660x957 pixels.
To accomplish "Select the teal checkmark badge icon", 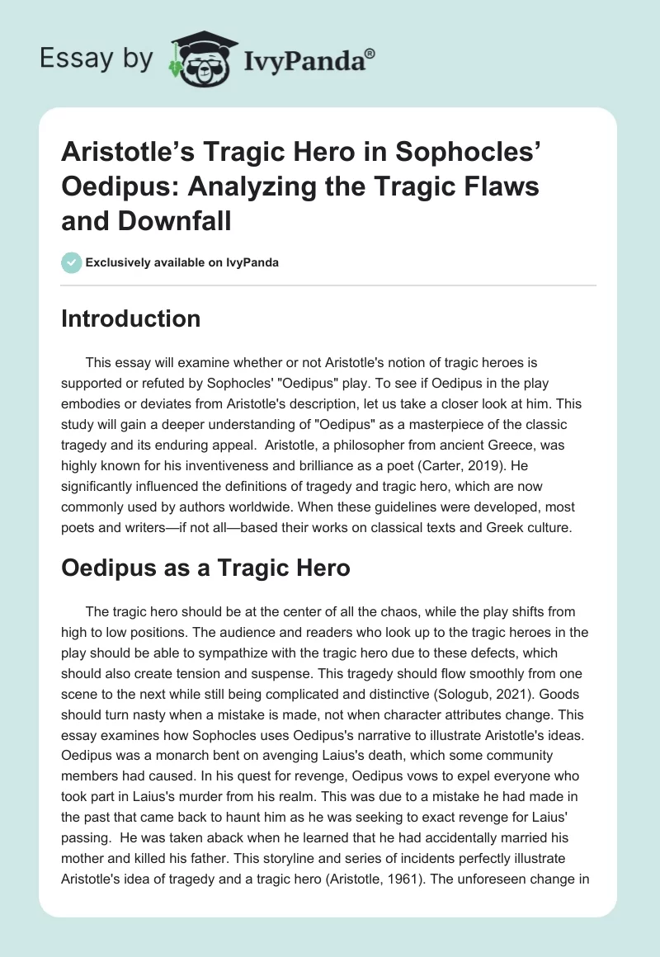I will click(x=70, y=263).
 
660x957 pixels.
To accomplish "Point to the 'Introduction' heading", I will click(x=130, y=319).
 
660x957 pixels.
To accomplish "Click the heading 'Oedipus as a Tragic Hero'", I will click(x=206, y=568).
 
